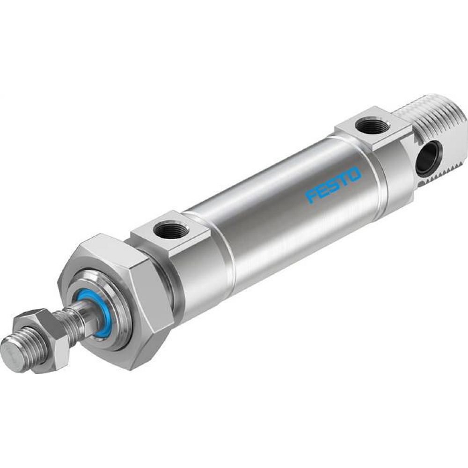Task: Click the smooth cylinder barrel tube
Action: [281, 211]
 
